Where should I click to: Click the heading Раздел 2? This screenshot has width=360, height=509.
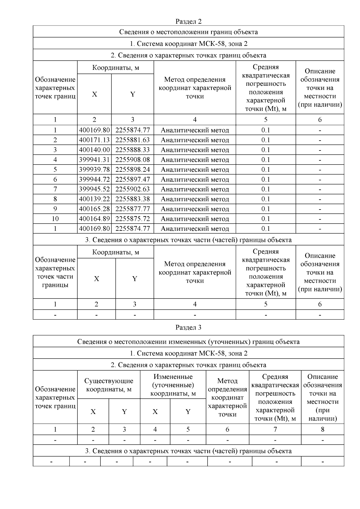point(188,21)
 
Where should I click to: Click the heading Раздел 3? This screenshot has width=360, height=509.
point(188,327)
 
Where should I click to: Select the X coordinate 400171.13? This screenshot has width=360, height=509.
point(94,140)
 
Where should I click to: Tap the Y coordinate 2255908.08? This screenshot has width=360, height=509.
point(132,160)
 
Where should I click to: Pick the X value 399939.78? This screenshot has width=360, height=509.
point(94,170)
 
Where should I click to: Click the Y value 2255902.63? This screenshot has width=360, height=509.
point(132,189)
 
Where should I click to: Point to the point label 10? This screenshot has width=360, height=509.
point(55,219)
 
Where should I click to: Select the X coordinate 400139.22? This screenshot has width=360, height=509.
point(94,199)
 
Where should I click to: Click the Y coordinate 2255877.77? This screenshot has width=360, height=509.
point(132,209)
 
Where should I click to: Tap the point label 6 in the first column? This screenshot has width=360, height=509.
point(55,179)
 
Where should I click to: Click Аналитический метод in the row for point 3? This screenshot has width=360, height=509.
point(195,150)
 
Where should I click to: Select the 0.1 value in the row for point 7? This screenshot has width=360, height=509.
point(265,189)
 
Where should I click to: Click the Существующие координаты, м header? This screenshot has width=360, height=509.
point(109,385)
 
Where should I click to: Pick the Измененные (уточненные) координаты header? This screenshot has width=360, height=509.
point(173,385)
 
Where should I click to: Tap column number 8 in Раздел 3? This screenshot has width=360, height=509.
point(322,429)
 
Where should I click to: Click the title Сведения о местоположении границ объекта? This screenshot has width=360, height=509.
point(188,32)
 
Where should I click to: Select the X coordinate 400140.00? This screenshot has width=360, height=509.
point(94,150)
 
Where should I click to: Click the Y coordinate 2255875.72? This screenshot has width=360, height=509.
point(132,219)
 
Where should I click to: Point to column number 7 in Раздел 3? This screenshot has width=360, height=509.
point(275,429)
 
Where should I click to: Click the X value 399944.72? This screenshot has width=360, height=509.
point(94,179)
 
